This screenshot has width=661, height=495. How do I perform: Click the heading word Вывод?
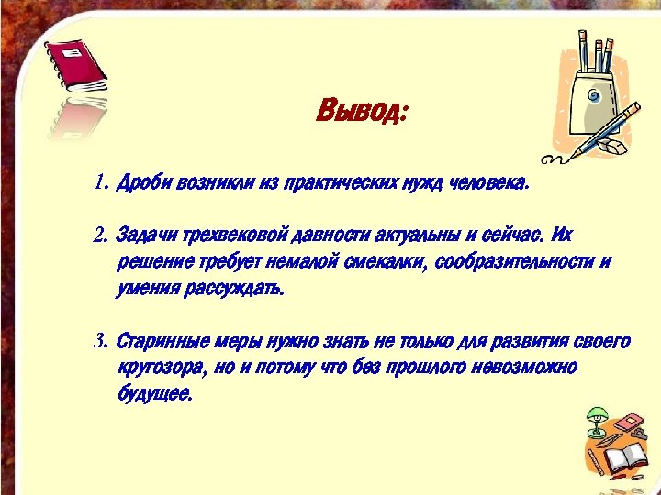tap(361, 113)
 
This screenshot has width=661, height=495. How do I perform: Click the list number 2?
tap(100, 236)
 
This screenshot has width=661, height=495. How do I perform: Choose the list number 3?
tap(100, 342)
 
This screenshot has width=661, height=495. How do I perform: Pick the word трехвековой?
tap(233, 236)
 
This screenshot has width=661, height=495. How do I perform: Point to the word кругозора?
tap(161, 368)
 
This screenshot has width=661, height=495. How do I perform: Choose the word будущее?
tap(154, 395)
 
